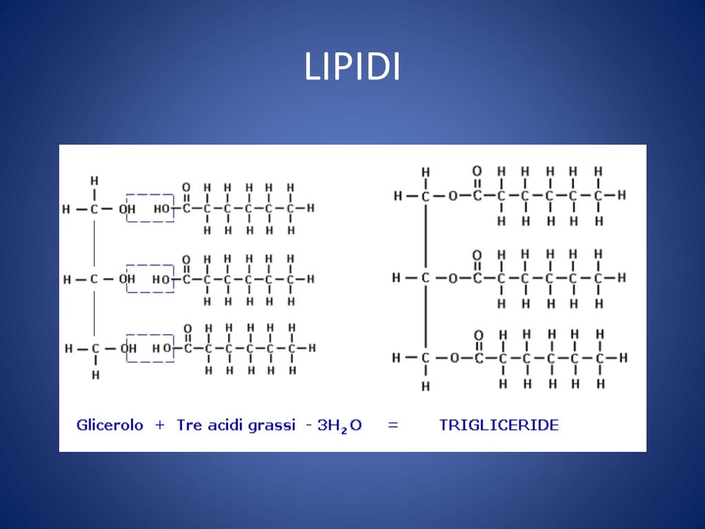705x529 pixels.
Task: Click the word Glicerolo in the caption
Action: (x=109, y=425)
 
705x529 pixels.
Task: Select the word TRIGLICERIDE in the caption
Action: (x=498, y=425)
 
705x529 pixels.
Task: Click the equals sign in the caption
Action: (x=393, y=425)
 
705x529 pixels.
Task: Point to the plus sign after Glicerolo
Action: (x=160, y=425)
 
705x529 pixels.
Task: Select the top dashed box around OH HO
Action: (x=150, y=207)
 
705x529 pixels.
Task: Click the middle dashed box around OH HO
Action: (x=150, y=278)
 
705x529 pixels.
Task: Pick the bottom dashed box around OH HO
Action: (x=150, y=348)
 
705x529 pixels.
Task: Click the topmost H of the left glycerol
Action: (x=94, y=180)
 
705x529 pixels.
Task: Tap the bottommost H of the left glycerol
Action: (x=95, y=375)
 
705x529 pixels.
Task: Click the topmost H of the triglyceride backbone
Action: (x=425, y=172)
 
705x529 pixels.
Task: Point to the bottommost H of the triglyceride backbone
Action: (x=425, y=386)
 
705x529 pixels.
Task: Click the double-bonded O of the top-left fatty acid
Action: (x=186, y=187)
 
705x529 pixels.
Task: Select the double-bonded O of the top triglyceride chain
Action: (x=476, y=171)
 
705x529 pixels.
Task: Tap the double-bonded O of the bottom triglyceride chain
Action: (x=478, y=335)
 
